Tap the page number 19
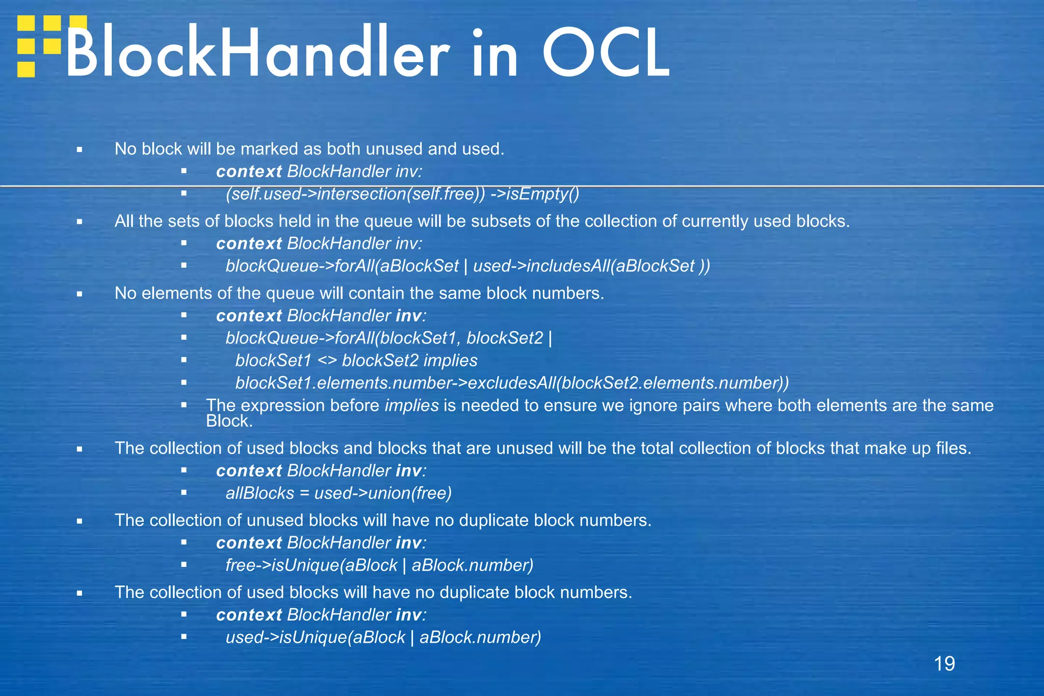(x=944, y=664)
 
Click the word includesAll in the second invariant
(x=567, y=266)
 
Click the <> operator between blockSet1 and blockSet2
(x=327, y=361)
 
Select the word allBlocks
(x=260, y=494)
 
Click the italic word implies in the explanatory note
(x=411, y=406)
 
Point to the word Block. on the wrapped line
(x=229, y=422)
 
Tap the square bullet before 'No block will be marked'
(x=80, y=150)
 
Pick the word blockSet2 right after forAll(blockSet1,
(x=505, y=338)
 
